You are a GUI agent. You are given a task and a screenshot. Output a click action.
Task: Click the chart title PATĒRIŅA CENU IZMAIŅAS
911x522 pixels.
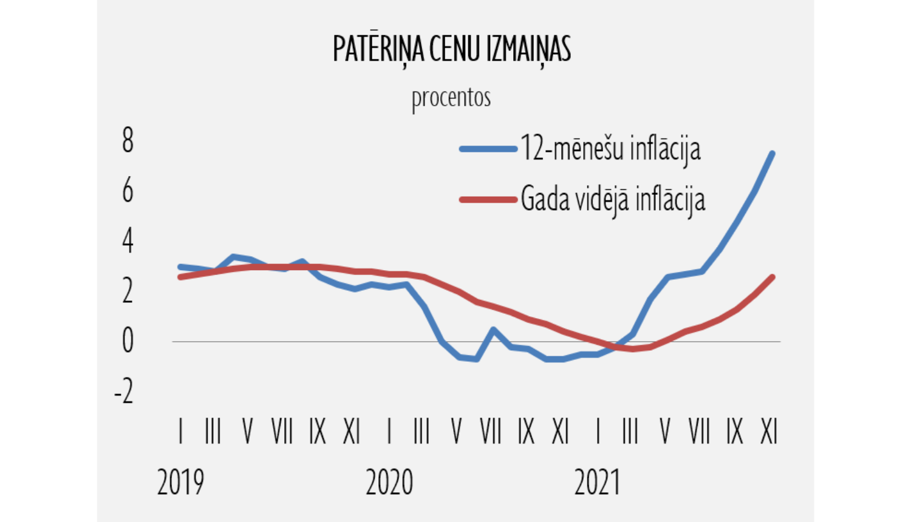coord(452,49)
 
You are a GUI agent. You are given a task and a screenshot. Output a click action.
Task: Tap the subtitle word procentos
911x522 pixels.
coord(451,98)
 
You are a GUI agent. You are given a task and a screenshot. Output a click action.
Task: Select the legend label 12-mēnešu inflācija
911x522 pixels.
coord(610,149)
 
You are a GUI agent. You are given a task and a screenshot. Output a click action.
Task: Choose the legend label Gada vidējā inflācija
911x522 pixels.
coord(613,199)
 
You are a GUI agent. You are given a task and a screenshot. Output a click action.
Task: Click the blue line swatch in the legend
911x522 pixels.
coord(488,149)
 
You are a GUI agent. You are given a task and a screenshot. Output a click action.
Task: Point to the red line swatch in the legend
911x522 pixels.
coord(488,199)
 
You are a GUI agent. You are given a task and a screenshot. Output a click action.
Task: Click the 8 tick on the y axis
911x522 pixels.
coord(128,141)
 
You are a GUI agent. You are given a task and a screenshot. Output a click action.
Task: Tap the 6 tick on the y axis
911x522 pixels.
coord(128,191)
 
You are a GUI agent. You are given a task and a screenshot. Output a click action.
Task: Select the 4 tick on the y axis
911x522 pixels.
coord(128,242)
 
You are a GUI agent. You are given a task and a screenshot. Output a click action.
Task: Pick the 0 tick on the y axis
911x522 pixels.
coord(128,341)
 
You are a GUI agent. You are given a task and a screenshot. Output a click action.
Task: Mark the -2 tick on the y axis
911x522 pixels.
coord(124,391)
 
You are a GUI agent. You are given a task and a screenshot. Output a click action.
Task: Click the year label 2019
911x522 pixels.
coord(180,483)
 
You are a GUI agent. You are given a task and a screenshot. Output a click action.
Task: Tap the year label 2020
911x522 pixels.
coord(389,483)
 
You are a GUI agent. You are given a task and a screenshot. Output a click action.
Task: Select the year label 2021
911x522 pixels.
coord(598,483)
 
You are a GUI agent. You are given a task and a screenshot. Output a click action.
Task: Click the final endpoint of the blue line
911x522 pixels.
coord(772,153)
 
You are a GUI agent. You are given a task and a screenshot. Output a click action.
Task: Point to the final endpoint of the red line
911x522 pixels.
coord(773,277)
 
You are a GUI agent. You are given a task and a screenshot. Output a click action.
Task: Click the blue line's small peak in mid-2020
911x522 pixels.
coord(493,330)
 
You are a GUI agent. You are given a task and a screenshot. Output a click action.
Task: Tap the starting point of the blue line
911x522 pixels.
coord(180,266)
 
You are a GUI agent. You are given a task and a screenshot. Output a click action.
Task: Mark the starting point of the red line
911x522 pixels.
coord(180,277)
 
